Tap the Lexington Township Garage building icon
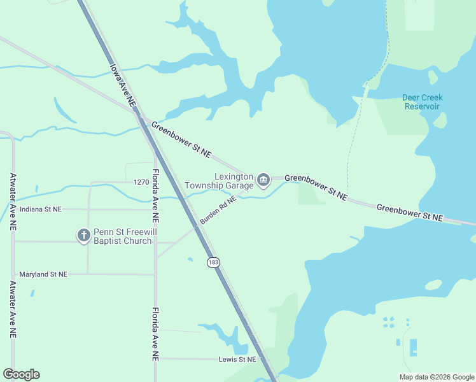click(263, 181)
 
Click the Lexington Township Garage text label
click(220, 181)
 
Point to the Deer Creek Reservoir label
click(423, 102)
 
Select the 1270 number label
click(141, 182)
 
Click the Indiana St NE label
click(41, 209)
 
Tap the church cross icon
click(83, 236)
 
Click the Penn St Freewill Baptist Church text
click(123, 236)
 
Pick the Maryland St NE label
click(43, 274)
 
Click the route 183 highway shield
click(213, 262)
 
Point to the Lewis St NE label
click(236, 359)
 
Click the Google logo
click(21, 374)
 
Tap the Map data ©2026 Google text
click(436, 377)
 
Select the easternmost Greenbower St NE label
click(409, 212)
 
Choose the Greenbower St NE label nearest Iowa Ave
click(181, 139)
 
